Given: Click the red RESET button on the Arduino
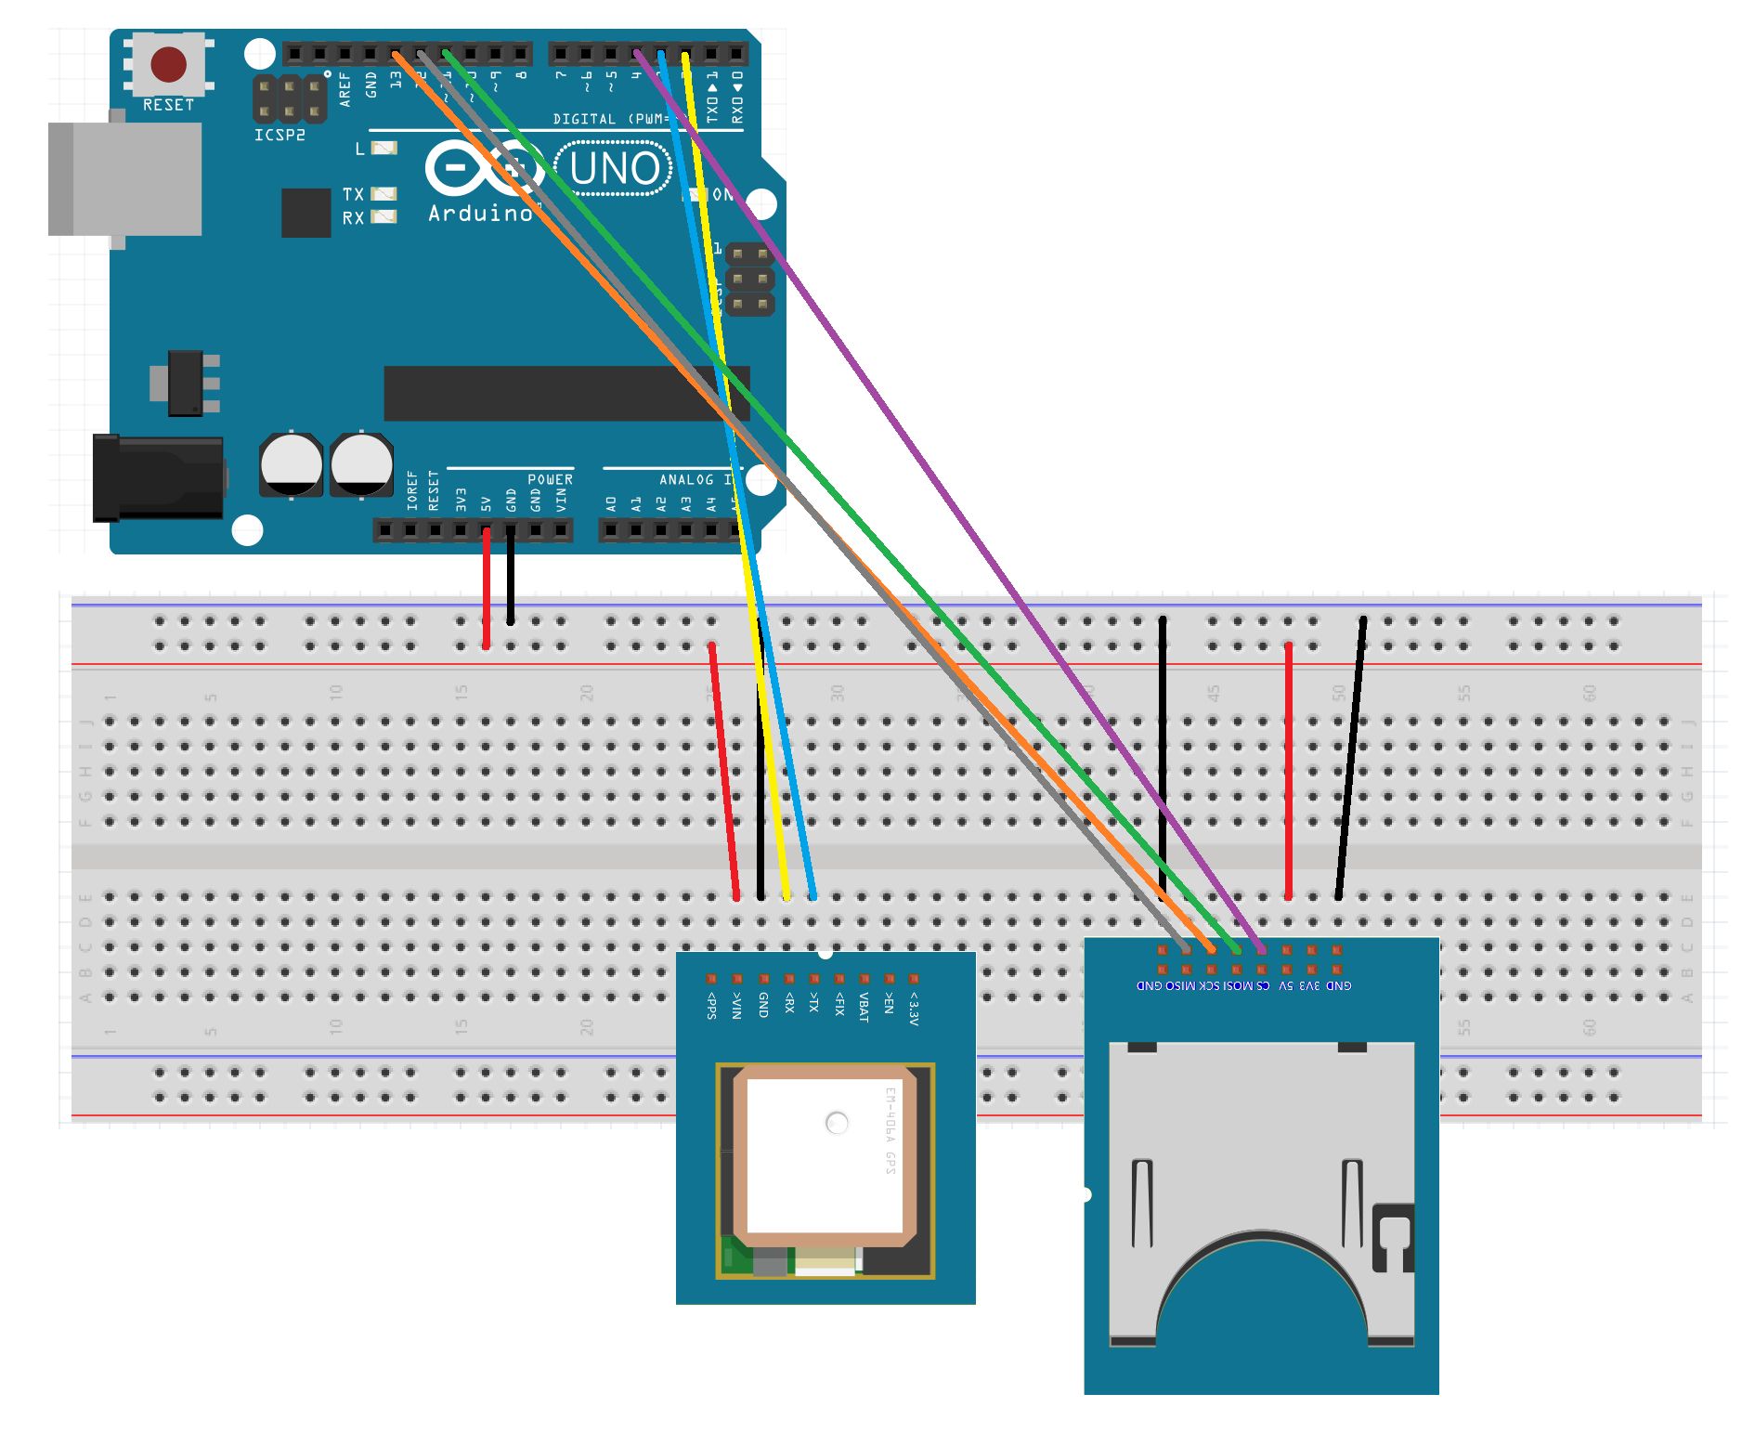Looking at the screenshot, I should point(169,65).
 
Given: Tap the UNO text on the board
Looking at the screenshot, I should point(615,169).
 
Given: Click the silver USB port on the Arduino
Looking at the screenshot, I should point(126,178).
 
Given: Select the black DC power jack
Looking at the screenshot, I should point(159,478).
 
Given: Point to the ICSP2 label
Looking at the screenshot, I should point(279,136).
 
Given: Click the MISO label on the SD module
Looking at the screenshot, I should point(1180,985).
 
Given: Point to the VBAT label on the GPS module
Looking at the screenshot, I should point(864,1007).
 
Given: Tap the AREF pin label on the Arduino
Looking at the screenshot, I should point(345,89).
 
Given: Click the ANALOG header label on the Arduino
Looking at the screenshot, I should point(687,479).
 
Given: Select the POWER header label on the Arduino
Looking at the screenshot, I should point(550,479).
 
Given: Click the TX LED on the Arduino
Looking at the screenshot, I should point(384,194).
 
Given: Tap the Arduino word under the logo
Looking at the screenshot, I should point(480,214).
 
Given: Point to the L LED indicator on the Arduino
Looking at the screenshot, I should point(384,149).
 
